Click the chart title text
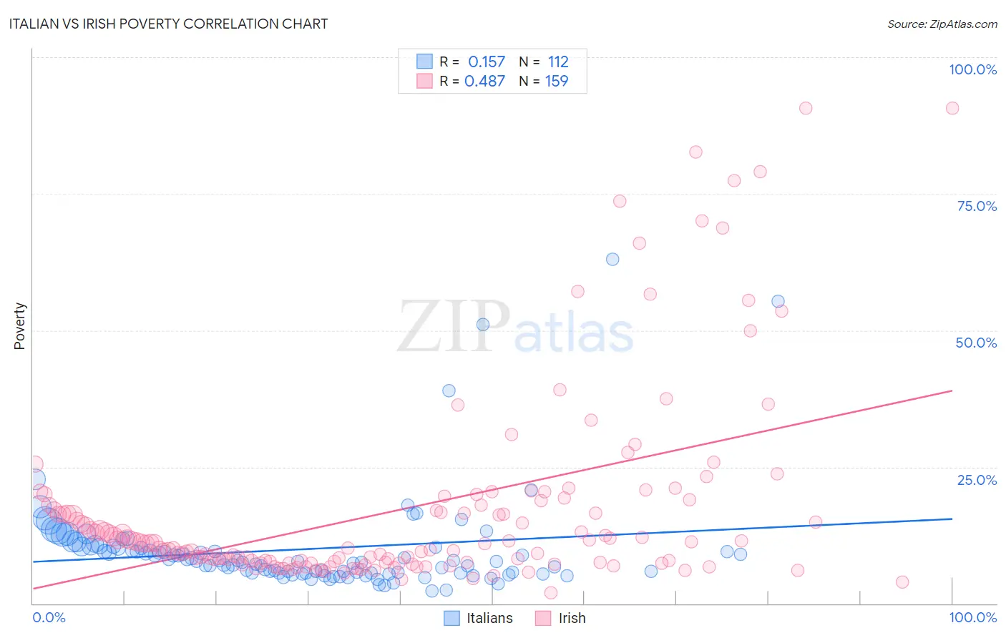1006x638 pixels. pyautogui.click(x=168, y=24)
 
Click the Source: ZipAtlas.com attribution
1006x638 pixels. pyautogui.click(x=942, y=24)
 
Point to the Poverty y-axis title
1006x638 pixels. pyautogui.click(x=19, y=325)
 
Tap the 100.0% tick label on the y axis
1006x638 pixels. pyautogui.click(x=972, y=69)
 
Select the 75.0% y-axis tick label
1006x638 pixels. pyautogui.click(x=976, y=206)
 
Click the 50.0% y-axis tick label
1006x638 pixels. pyautogui.click(x=976, y=343)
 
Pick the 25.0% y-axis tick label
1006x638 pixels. pyautogui.click(x=976, y=480)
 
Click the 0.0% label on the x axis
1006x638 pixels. pyautogui.click(x=49, y=617)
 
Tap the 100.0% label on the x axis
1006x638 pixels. pyautogui.click(x=972, y=617)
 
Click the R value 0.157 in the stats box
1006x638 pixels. pyautogui.click(x=487, y=62)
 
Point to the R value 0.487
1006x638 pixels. pyautogui.click(x=485, y=81)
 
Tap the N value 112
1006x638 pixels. pyautogui.click(x=558, y=62)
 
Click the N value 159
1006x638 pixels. pyautogui.click(x=557, y=81)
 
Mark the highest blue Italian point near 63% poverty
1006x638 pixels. pyautogui.click(x=612, y=259)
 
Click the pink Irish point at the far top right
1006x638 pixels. pyautogui.click(x=952, y=108)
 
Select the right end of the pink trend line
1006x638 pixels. pyautogui.click(x=952, y=391)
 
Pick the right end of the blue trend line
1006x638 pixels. pyautogui.click(x=952, y=519)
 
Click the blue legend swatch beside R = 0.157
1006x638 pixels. pyautogui.click(x=424, y=62)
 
